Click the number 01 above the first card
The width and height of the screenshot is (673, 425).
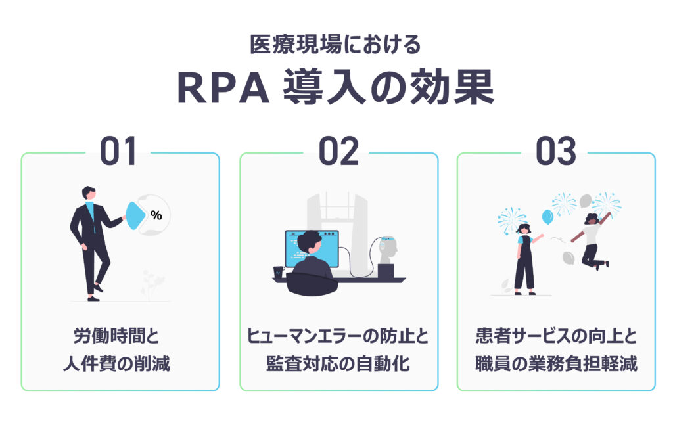click(118, 151)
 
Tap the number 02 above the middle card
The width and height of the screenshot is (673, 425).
click(338, 151)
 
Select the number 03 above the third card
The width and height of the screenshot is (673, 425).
click(556, 151)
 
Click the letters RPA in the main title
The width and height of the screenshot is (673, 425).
click(223, 88)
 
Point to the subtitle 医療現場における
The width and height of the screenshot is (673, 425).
click(335, 44)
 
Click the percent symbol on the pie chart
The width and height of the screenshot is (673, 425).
click(156, 215)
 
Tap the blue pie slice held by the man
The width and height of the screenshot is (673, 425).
click(136, 215)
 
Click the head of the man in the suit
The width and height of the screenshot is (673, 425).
click(89, 193)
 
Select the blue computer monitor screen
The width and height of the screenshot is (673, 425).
click(312, 248)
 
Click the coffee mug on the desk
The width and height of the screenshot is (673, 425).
click(279, 273)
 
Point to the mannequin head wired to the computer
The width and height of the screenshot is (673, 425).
click(388, 250)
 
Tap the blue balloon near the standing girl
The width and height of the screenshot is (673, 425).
click(547, 217)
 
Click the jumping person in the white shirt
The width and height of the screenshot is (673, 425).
click(591, 240)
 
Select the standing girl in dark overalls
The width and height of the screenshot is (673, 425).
click(525, 259)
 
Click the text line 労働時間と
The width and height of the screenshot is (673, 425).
click(116, 336)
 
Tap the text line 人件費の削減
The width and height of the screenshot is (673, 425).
click(116, 364)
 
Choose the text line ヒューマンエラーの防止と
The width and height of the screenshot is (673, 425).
click(338, 336)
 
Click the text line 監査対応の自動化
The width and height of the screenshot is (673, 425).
click(338, 364)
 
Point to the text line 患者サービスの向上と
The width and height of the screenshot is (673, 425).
click(556, 336)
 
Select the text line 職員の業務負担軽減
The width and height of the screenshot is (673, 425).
click(556, 364)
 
